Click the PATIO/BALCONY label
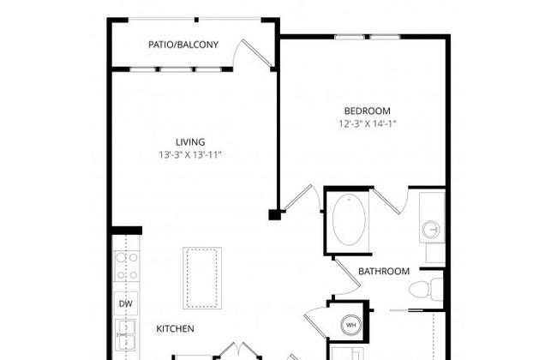point(183,45)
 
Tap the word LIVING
point(190,142)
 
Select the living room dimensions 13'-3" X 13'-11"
point(190,155)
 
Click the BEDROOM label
point(368,111)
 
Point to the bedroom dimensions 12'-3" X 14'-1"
point(368,123)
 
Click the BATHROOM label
point(384,272)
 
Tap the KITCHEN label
point(175,329)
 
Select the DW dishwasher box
point(126,303)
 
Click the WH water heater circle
point(351,325)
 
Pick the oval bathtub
point(349,220)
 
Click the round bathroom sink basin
point(431,230)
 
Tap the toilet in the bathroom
point(426,289)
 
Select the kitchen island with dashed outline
point(202,278)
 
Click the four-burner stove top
point(127,267)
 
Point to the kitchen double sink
point(126,335)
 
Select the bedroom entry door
point(302,198)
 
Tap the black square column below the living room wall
point(274,215)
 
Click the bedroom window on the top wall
point(368,37)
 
